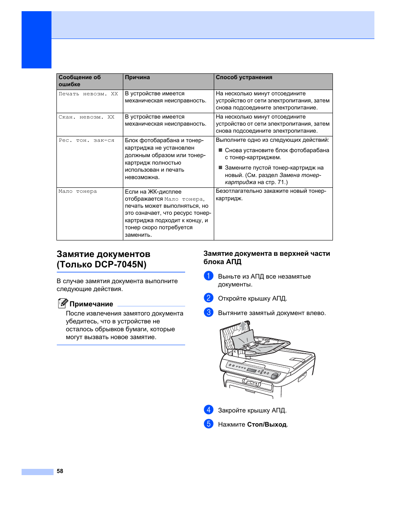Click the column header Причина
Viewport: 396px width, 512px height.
click(x=137, y=78)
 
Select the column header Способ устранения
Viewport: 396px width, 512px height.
click(x=244, y=78)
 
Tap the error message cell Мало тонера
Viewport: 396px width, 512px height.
click(x=78, y=192)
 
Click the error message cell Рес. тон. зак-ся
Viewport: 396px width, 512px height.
click(x=86, y=141)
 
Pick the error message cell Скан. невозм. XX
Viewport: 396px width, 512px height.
click(x=86, y=117)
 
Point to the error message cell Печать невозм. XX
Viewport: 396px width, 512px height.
click(x=88, y=94)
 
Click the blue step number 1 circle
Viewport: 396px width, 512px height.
click(x=208, y=276)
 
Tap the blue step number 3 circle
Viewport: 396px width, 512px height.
click(x=208, y=313)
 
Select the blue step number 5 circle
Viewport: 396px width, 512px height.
click(x=208, y=424)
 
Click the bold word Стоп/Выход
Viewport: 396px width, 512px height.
click(x=266, y=425)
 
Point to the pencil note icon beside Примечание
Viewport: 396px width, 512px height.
click(x=62, y=303)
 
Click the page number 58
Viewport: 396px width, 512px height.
click(x=60, y=471)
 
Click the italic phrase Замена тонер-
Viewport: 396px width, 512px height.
click(x=300, y=175)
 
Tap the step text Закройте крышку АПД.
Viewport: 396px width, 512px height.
click(x=252, y=410)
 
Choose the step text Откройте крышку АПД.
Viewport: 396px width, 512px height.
click(x=252, y=298)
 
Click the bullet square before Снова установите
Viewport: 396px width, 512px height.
click(x=220, y=150)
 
